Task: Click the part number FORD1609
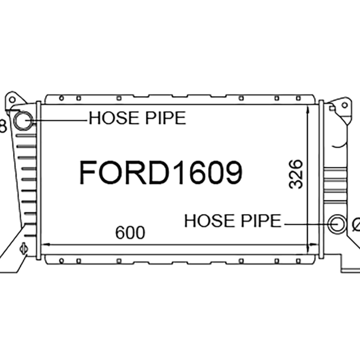[x=161, y=173]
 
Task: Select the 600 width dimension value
[x=130, y=233]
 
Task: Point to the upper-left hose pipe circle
[x=22, y=120]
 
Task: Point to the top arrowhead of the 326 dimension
[x=308, y=108]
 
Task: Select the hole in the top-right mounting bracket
[x=344, y=105]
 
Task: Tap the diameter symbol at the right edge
[x=356, y=224]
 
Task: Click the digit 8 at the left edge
[x=2, y=126]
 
